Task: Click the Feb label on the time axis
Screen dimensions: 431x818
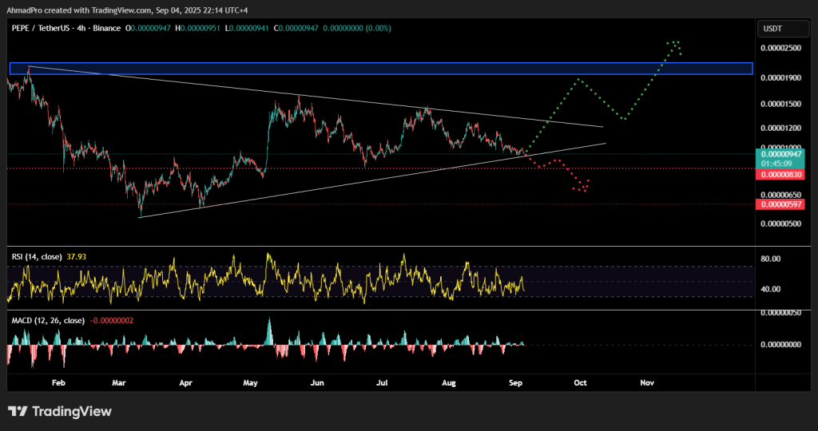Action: tap(58, 382)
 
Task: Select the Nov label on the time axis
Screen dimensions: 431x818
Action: tap(647, 382)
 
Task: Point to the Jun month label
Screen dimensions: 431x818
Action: tap(317, 382)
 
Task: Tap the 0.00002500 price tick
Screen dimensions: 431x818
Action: tap(780, 49)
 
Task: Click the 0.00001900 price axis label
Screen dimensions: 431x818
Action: tap(780, 77)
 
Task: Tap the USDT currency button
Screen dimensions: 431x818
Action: tap(773, 29)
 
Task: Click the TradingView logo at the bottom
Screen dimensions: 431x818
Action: tap(60, 411)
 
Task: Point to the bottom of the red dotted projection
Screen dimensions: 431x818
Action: tap(583, 191)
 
